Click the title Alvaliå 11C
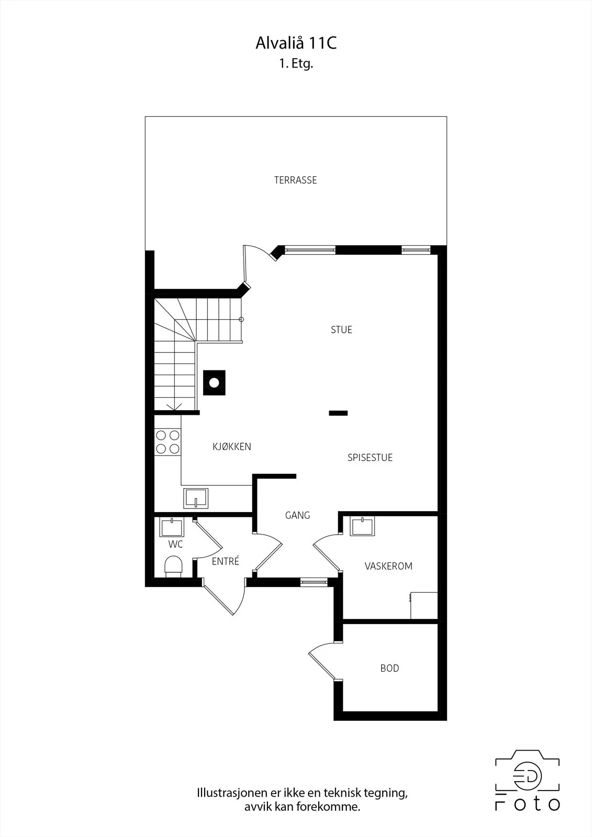(x=296, y=43)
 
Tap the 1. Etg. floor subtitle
(x=296, y=64)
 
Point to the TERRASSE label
(x=295, y=180)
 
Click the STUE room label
(x=341, y=330)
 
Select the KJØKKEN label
(x=232, y=447)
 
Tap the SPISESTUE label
(x=370, y=458)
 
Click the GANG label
(x=297, y=516)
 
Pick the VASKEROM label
(x=388, y=566)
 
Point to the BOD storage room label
(x=389, y=668)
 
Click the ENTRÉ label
(x=225, y=561)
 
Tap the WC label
(x=175, y=545)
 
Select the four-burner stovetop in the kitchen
(x=167, y=442)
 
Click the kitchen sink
(x=196, y=499)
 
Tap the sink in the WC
(x=172, y=527)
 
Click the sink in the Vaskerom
(x=362, y=526)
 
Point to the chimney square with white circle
(x=214, y=382)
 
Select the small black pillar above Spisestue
(x=339, y=413)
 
